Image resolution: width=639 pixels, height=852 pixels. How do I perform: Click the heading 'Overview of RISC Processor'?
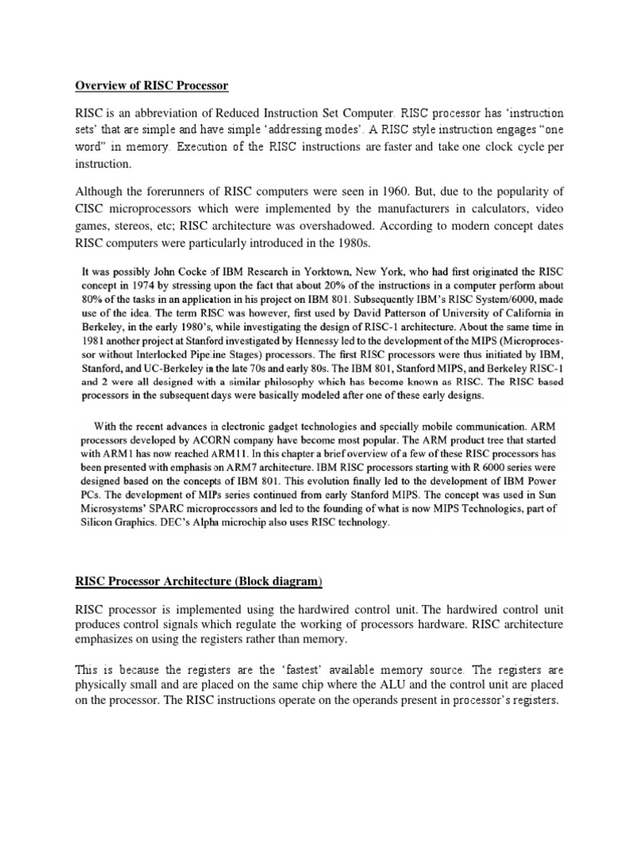pyautogui.click(x=151, y=87)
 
